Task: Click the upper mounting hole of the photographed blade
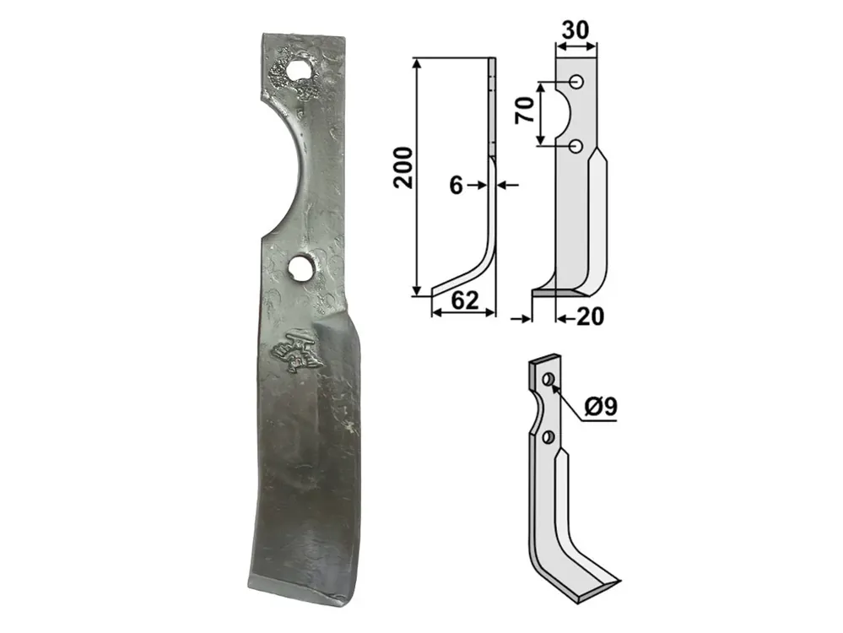tap(296, 69)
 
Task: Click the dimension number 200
tap(403, 167)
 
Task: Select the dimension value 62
tap(464, 300)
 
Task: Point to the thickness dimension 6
tap(456, 186)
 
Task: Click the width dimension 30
tap(576, 30)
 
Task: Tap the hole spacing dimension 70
tap(525, 111)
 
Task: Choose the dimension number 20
tap(590, 316)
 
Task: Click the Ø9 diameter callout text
tap(601, 407)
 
